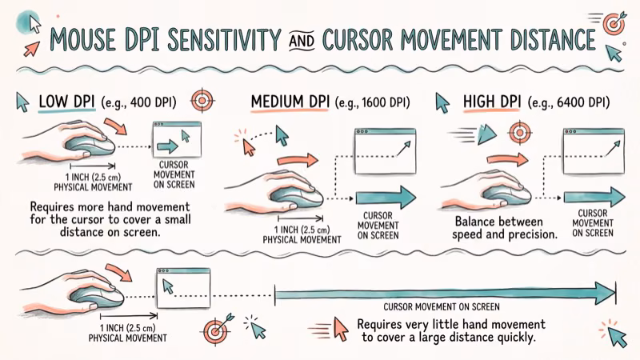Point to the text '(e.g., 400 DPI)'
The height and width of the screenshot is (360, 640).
[x=147, y=102]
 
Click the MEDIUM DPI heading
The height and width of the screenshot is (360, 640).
[x=291, y=102]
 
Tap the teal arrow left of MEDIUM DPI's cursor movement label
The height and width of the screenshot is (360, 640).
[x=386, y=197]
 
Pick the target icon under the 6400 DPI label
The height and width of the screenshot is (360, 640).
[x=520, y=131]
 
